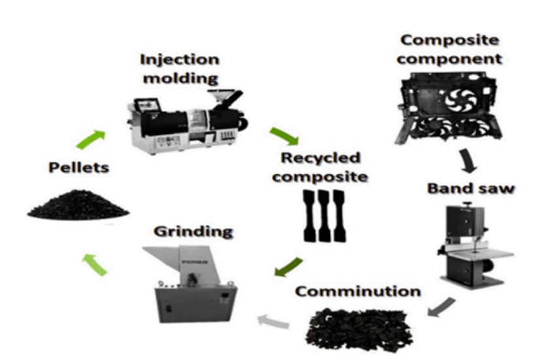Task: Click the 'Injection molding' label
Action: (x=180, y=68)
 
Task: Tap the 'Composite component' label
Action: (x=451, y=49)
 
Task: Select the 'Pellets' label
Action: (x=78, y=168)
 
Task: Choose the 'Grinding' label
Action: (x=193, y=231)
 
